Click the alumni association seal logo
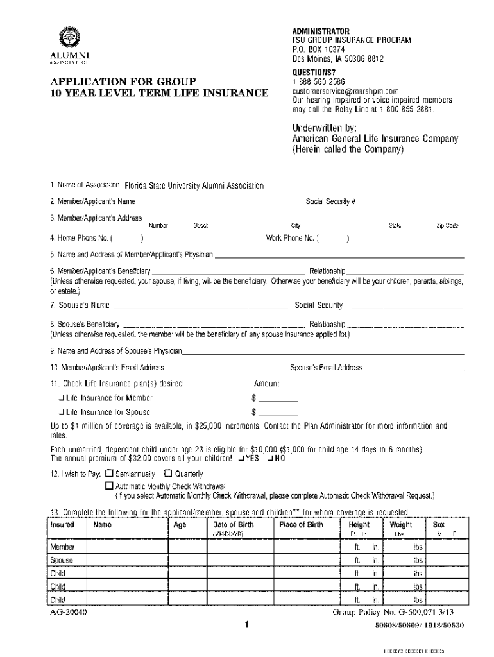click(66, 37)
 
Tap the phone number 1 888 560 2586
click(319, 82)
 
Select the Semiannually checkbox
click(108, 474)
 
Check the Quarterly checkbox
click(168, 474)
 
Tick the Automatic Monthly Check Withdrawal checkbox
click(108, 486)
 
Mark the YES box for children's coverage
click(241, 459)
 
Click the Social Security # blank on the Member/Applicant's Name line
click(411, 201)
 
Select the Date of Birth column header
click(233, 525)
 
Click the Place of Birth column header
click(301, 525)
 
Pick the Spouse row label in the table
click(62, 560)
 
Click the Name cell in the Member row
click(128, 547)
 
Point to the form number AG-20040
click(69, 612)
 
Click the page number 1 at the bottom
click(246, 625)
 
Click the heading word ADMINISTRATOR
click(321, 31)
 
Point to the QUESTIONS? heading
click(314, 73)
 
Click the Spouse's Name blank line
click(200, 305)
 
